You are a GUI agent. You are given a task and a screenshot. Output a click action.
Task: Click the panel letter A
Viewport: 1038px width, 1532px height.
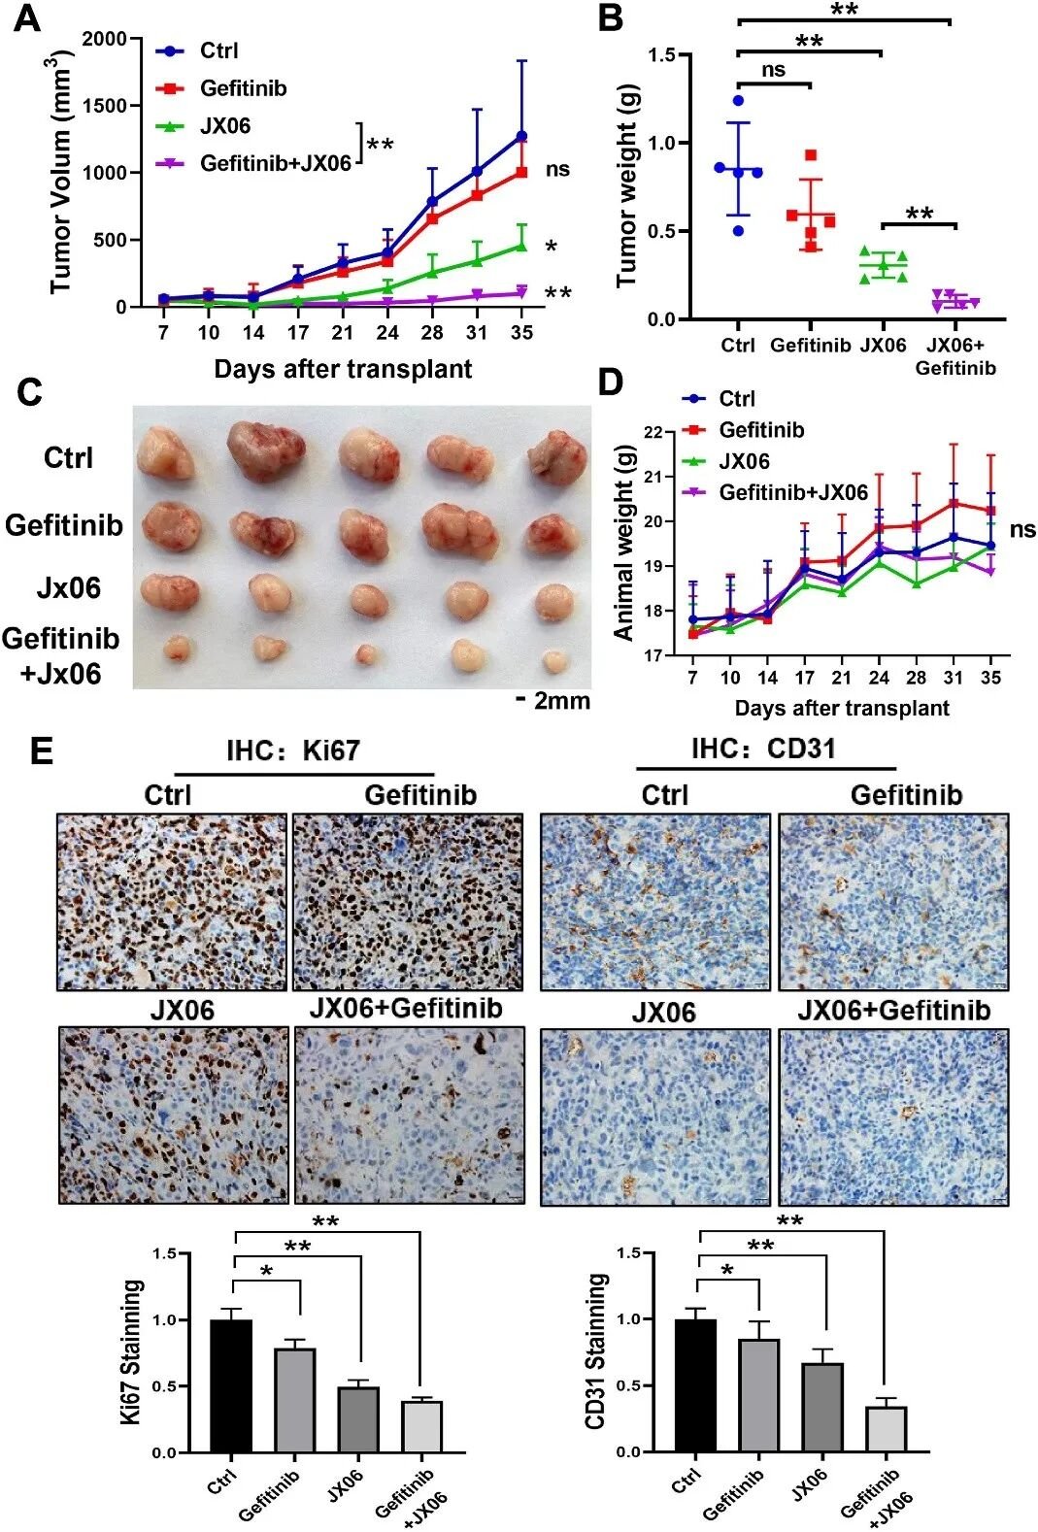tap(28, 18)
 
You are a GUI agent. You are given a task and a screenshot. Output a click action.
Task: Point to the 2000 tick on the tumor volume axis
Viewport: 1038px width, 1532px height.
tap(105, 39)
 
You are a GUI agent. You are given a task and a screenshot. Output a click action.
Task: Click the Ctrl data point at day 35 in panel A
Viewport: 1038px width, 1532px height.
tap(521, 136)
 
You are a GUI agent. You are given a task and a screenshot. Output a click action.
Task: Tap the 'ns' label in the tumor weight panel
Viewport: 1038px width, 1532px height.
tap(773, 70)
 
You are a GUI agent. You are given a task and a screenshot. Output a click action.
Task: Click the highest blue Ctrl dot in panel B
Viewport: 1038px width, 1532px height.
tap(738, 101)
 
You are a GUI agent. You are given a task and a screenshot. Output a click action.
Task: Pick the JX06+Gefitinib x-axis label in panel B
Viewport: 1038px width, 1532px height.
tap(955, 356)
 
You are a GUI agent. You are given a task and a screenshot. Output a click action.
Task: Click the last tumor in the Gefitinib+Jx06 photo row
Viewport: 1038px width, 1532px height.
tap(554, 661)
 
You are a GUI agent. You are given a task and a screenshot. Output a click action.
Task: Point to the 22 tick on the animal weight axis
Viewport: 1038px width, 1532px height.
tap(654, 432)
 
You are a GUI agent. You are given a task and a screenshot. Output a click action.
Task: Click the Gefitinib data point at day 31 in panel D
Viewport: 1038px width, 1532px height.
tap(954, 503)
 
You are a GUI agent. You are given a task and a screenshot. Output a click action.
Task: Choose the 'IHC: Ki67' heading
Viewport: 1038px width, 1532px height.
tap(293, 750)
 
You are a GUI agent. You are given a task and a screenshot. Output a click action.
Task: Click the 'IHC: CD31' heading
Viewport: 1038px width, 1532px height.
tap(763, 749)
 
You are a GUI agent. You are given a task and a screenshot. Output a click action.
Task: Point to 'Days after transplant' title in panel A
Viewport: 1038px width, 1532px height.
tap(343, 369)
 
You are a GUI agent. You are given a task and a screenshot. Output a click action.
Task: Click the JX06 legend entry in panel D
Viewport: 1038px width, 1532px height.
tap(726, 461)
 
